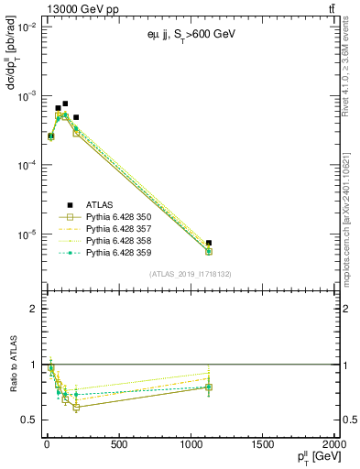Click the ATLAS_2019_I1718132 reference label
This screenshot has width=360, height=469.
[x=190, y=274]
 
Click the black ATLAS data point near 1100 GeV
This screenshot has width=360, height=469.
[x=209, y=243]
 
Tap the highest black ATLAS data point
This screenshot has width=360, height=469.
[x=65, y=104]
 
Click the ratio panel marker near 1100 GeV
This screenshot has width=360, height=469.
[x=209, y=387]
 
